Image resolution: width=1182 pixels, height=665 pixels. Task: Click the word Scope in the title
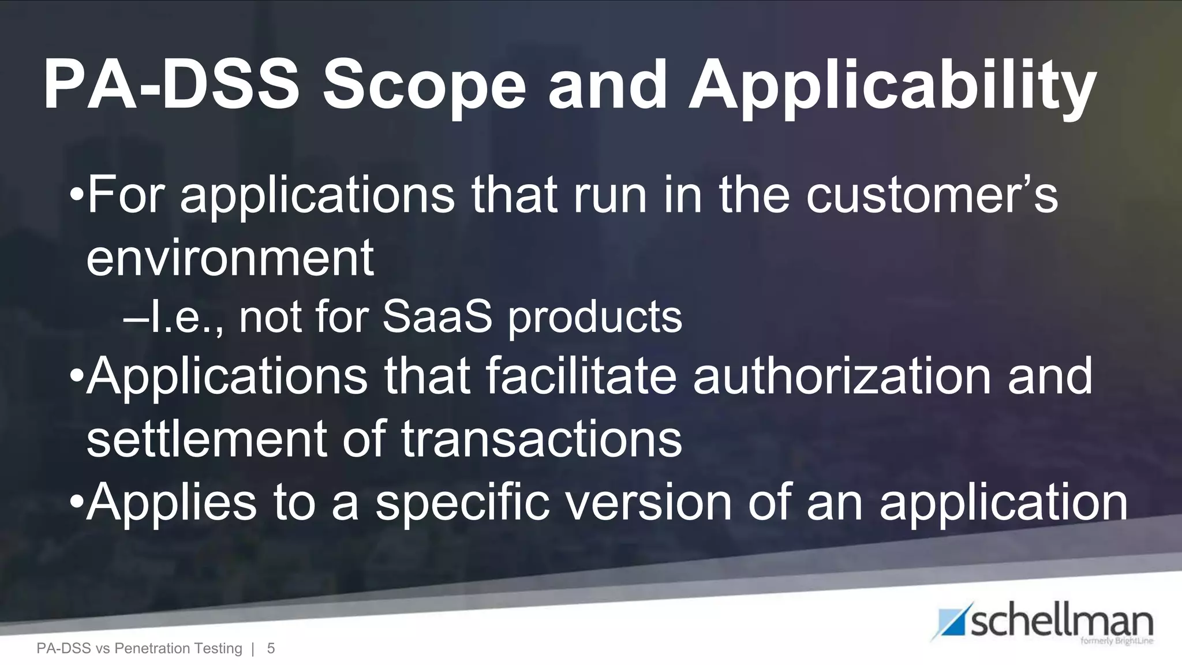pos(424,87)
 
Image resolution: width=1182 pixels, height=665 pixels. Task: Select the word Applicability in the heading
pos(892,87)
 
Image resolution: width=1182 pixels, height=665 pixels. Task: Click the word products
pos(594,318)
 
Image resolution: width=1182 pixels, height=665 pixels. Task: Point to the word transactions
pos(541,439)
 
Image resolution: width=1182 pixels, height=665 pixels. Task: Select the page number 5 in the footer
pos(271,649)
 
